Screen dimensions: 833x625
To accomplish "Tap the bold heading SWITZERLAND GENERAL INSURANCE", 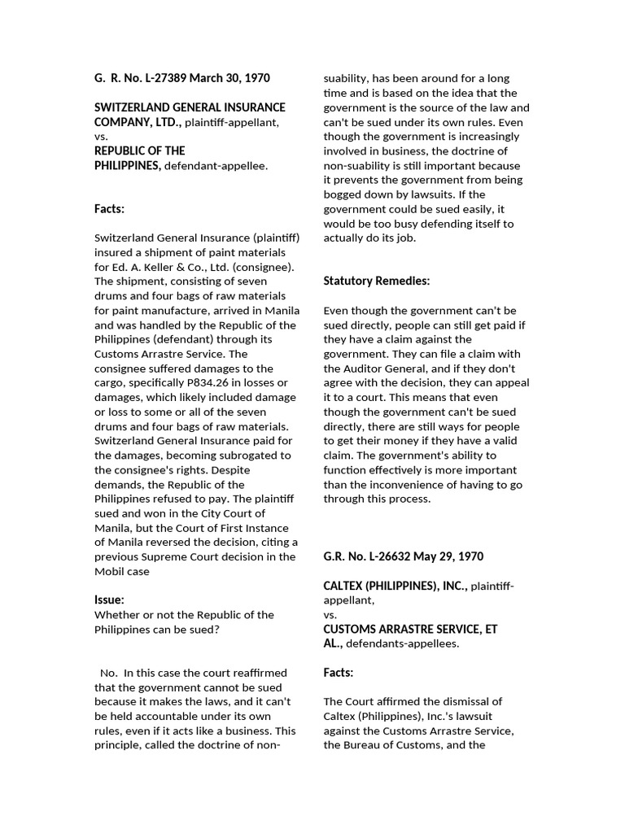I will click(x=190, y=107).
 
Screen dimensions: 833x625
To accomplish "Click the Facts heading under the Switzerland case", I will click(x=110, y=209).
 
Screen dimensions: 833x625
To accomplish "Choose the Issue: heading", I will click(x=110, y=600).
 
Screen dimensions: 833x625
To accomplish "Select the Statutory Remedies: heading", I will click(x=377, y=281).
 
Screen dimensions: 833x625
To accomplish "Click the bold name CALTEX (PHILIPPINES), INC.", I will click(x=395, y=586).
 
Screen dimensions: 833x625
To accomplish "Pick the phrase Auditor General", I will click(x=372, y=369).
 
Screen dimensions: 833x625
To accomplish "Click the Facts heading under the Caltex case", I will click(x=339, y=673).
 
